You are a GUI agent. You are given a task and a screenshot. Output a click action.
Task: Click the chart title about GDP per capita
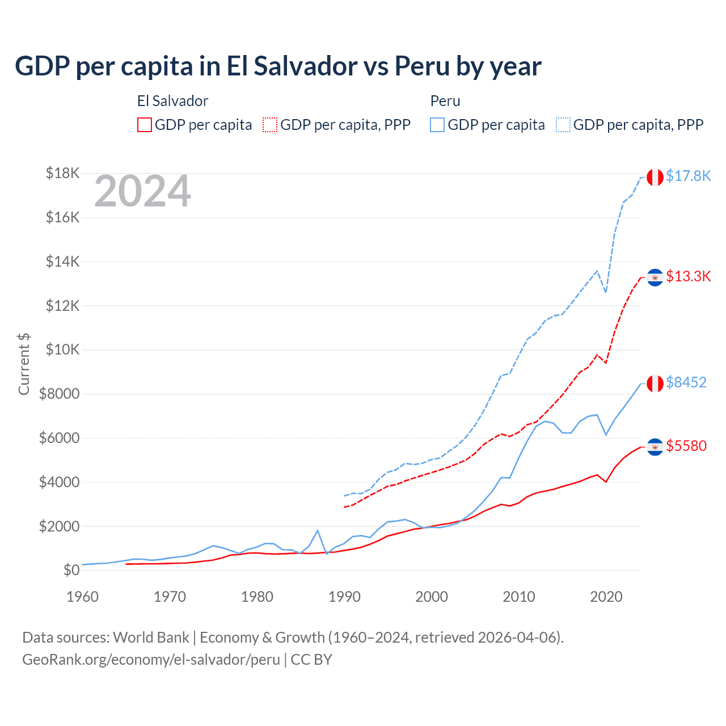[278, 66]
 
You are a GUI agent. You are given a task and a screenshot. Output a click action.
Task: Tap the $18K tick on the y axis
[62, 173]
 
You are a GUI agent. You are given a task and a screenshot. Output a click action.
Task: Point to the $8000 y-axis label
[59, 394]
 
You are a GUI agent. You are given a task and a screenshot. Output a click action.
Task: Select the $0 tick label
[71, 570]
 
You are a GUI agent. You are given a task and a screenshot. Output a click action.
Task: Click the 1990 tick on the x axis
[344, 597]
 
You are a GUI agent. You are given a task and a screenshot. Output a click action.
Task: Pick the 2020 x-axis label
[606, 597]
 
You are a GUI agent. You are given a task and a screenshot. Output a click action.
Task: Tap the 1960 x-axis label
[83, 597]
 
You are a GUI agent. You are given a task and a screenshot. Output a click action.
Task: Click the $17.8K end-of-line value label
[688, 176]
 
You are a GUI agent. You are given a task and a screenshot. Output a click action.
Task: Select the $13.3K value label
[688, 276]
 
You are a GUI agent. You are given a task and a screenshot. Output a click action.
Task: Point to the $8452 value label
[686, 382]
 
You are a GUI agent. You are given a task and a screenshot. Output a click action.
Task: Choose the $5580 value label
[686, 446]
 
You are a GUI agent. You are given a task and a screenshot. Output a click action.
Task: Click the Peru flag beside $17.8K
[655, 177]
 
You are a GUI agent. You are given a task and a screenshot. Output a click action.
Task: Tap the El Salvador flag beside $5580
[655, 447]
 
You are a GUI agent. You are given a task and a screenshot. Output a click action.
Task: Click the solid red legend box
[145, 125]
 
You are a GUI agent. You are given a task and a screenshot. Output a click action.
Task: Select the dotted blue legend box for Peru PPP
[563, 125]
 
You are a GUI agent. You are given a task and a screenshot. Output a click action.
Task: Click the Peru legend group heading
[445, 101]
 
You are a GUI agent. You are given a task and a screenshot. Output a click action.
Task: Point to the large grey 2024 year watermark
[142, 192]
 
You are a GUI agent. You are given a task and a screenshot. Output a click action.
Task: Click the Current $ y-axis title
[24, 364]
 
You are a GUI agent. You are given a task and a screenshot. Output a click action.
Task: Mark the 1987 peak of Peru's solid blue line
[318, 530]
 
